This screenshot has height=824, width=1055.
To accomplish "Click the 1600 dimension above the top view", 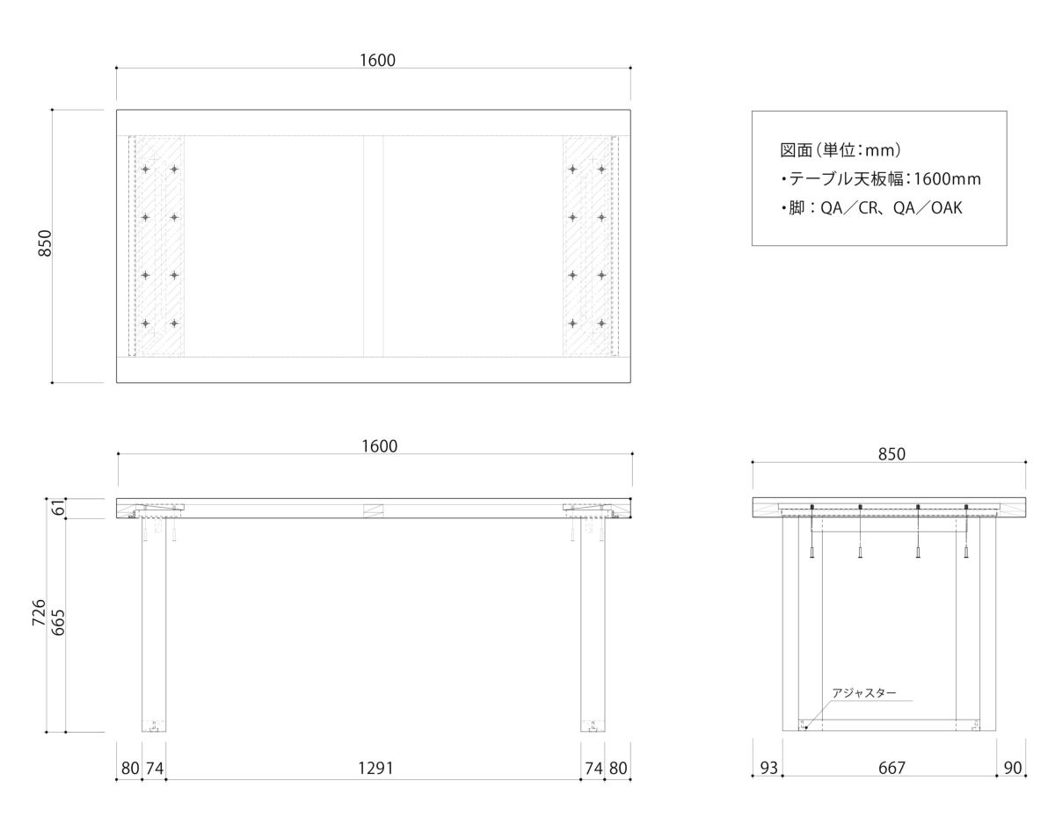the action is tap(377, 60).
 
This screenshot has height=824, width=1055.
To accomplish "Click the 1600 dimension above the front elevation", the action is tap(379, 446).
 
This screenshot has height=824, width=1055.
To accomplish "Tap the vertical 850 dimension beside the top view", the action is tap(45, 243).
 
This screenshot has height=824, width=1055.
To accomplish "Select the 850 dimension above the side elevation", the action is tap(891, 454).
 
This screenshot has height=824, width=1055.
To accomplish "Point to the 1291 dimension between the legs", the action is tap(375, 769).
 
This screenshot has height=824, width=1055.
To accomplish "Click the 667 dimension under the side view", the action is tap(891, 769).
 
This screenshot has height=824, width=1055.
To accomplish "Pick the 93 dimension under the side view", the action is tap(768, 769).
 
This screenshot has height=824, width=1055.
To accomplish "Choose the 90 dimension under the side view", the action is tap(1012, 769).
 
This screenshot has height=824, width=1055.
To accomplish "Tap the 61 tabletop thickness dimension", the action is tap(58, 509).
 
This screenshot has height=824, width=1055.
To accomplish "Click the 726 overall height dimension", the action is tap(39, 612).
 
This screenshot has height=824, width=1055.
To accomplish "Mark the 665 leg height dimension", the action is tap(58, 623).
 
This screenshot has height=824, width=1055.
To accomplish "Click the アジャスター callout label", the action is tap(863, 693).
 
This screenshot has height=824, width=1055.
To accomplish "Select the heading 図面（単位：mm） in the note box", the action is tap(840, 150).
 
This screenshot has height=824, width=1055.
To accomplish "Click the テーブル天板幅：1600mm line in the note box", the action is tap(881, 179).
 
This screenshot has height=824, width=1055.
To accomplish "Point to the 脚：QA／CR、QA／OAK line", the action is tap(871, 207).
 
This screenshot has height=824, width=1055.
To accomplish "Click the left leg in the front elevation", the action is tap(154, 625).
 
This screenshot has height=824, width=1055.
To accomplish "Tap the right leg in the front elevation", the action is tap(593, 625).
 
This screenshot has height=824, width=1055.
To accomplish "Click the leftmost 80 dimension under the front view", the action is tap(130, 769).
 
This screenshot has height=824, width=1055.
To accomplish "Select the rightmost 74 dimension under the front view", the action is tap(593, 769).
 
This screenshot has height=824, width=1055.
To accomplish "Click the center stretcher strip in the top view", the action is tap(373, 246).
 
